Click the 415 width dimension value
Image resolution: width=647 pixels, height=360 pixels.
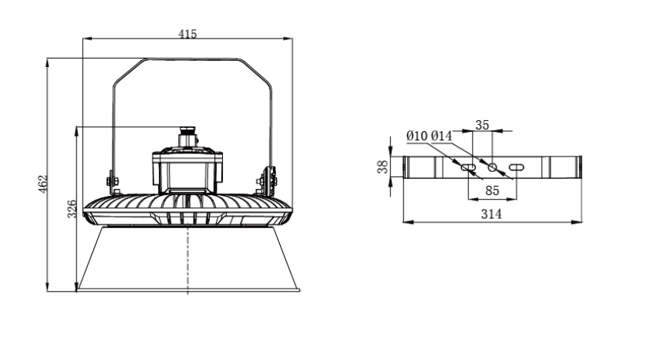187,34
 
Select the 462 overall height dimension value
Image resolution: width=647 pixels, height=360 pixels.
43,183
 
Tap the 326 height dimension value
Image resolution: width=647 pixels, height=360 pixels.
71,209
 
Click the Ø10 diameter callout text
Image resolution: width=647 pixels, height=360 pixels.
417,136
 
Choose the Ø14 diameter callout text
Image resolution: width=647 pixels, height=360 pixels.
441,136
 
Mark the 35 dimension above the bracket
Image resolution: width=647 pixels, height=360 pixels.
483,124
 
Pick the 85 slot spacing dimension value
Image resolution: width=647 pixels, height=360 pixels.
492,189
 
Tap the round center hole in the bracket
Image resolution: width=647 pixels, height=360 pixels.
492,167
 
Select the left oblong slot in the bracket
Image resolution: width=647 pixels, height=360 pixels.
467,167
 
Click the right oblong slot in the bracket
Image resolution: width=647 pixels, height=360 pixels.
517,167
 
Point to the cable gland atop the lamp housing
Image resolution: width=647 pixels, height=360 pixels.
187,137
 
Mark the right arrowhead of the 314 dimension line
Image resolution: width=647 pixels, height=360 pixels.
579,223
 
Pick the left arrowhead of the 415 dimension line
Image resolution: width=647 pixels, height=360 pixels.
84,39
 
